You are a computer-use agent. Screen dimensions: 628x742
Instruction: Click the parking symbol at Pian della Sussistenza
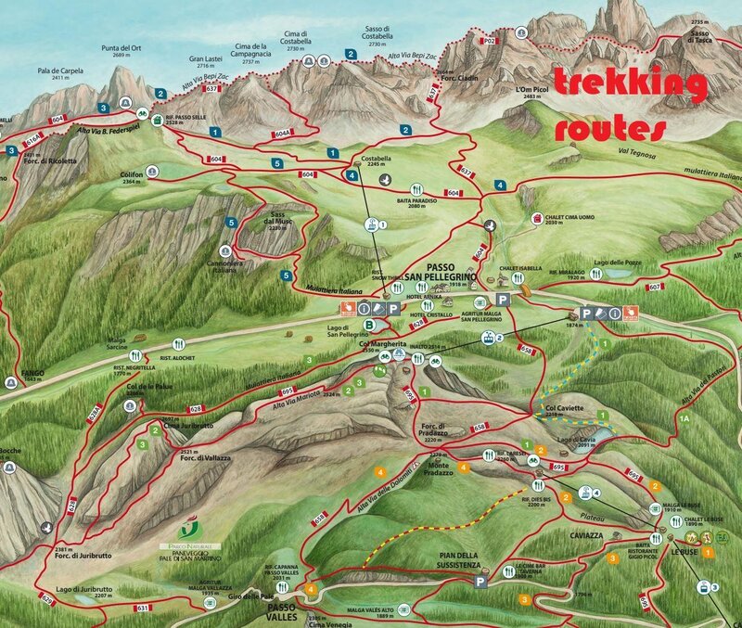(x=480, y=582)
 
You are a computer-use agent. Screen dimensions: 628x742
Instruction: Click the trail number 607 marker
(x=654, y=287)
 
